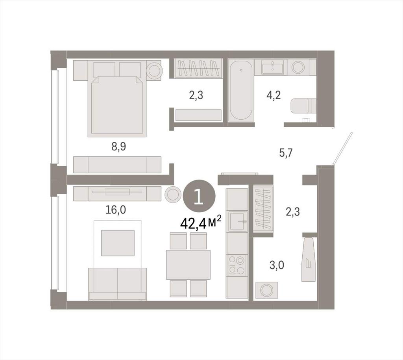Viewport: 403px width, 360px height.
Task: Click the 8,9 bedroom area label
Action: click(118, 147)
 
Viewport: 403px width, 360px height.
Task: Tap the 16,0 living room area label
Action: click(116, 210)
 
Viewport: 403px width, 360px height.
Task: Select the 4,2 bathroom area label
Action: click(274, 95)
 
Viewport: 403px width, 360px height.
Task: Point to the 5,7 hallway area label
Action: click(286, 153)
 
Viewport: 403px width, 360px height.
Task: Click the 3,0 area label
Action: click(277, 265)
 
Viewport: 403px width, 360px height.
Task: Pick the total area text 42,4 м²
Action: click(201, 223)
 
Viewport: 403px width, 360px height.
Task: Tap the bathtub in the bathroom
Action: click(241, 90)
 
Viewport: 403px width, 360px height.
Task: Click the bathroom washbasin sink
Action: click(272, 67)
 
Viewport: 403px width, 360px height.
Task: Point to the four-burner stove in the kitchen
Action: click(237, 265)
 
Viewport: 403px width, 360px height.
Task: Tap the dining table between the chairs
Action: click(188, 265)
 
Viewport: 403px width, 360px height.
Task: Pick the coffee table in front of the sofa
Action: click(118, 243)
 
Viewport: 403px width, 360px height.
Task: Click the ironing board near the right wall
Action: click(309, 259)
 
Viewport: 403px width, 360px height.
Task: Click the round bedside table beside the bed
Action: click(154, 70)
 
